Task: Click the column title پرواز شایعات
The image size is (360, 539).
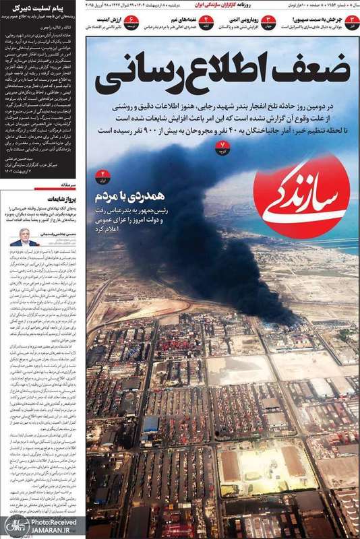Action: [62, 201]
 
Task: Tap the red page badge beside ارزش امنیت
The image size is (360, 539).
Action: [133, 20]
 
